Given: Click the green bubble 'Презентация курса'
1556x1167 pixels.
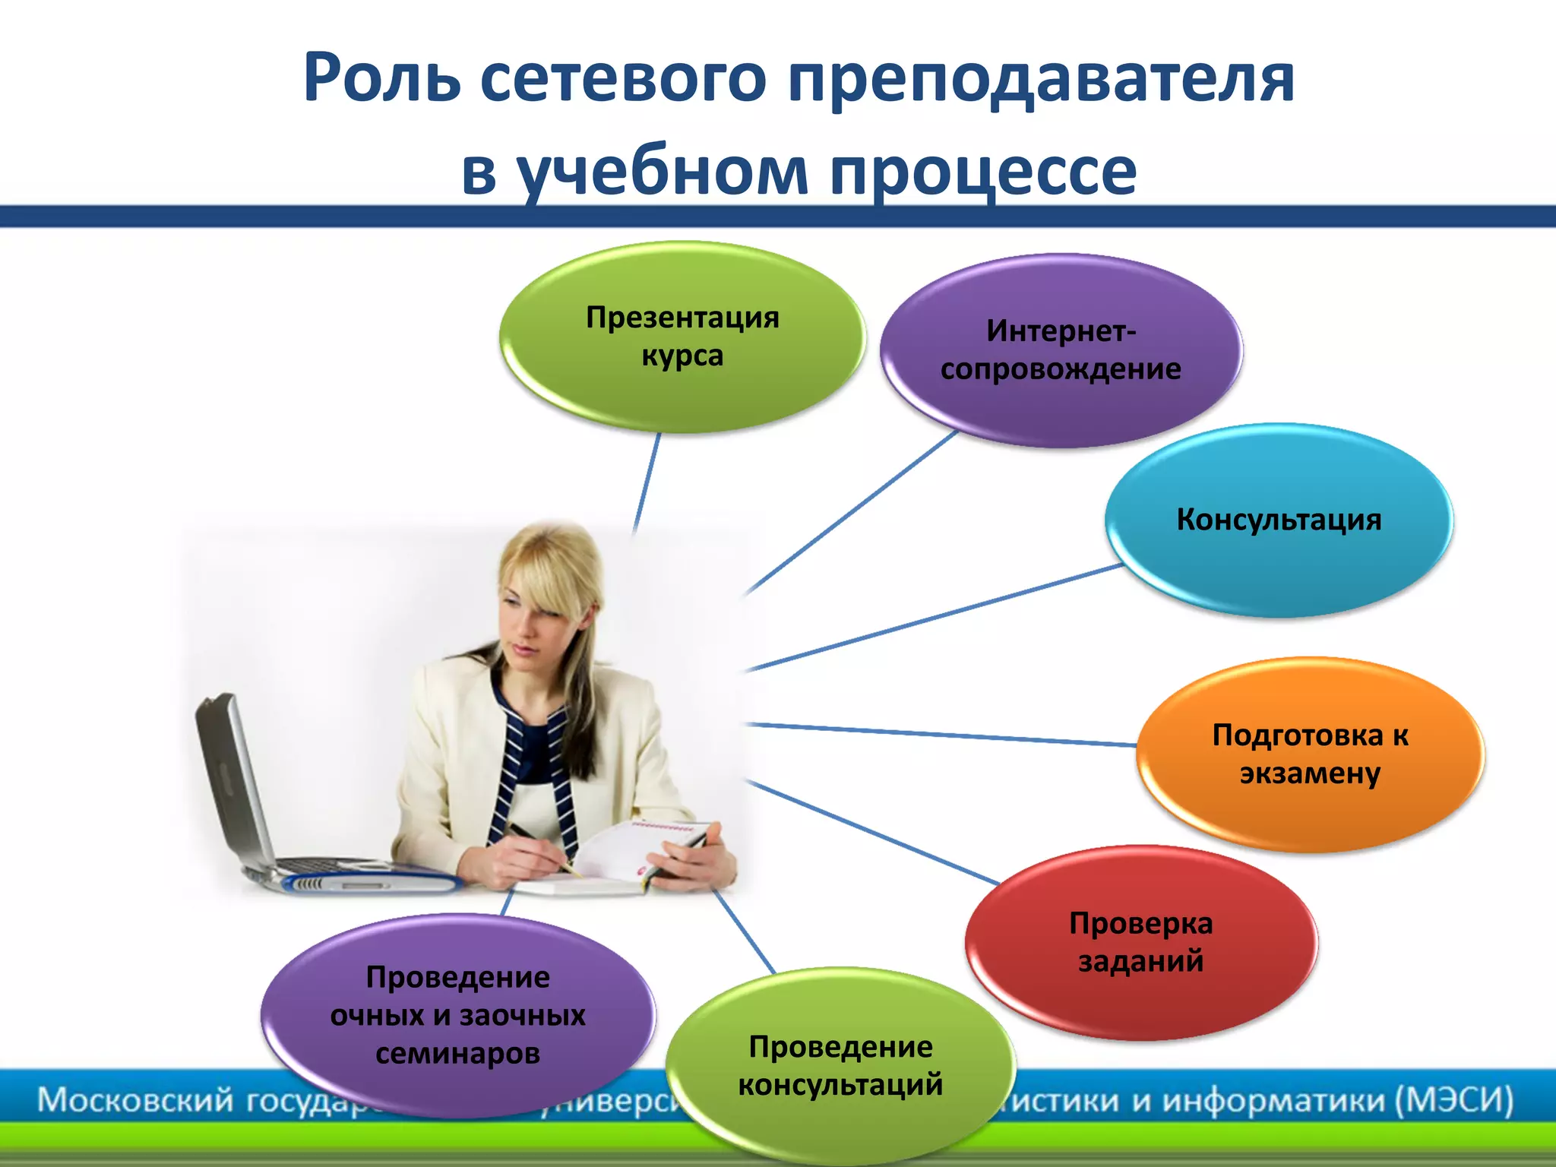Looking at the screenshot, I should coord(682,337).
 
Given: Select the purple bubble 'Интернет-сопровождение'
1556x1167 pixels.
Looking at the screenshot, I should coord(1061,350).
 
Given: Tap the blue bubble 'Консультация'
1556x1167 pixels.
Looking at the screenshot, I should coord(1279,520).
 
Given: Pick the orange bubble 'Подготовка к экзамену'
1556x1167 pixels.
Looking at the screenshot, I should coord(1310,754).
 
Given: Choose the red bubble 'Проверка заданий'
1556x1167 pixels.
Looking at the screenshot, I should coord(1140,942).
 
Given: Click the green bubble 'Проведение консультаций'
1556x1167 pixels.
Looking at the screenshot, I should coord(840,1065).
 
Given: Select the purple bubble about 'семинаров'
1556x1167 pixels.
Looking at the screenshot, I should coord(457,1014).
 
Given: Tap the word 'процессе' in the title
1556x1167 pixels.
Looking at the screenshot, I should coord(983,172).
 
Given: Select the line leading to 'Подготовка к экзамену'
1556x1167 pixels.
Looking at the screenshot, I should coord(942,735).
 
